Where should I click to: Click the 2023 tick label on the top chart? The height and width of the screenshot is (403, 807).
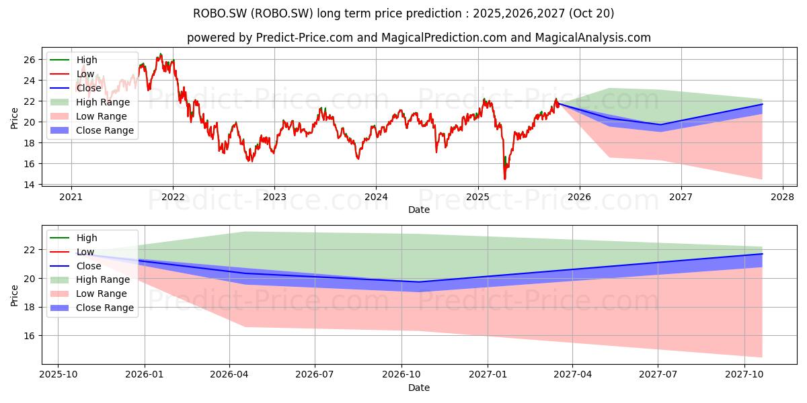(274, 197)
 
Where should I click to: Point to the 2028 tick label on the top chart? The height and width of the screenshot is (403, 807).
(783, 197)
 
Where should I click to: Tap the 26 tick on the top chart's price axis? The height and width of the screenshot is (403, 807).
(30, 60)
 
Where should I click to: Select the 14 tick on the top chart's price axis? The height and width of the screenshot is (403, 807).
(30, 185)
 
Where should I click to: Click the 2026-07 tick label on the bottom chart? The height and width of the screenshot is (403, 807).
(315, 374)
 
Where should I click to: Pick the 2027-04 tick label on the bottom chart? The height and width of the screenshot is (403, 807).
(572, 374)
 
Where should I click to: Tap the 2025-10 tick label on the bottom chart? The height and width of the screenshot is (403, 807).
(59, 374)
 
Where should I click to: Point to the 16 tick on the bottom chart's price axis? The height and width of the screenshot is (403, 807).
(30, 336)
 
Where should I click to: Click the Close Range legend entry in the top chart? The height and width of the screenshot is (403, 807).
(92, 130)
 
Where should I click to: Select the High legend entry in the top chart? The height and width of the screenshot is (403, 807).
(73, 60)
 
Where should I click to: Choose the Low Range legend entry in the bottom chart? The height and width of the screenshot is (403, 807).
(89, 294)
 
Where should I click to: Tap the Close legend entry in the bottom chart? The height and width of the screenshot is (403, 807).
(75, 266)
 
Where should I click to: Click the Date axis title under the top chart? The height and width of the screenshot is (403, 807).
(418, 210)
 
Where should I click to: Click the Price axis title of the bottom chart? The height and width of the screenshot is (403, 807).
(14, 296)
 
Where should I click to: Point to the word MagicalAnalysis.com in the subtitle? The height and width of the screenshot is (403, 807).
(593, 38)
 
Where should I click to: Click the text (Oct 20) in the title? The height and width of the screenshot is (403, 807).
(592, 13)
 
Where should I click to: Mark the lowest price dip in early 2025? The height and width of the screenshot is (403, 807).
(505, 179)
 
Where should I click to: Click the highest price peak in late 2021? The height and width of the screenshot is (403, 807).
(161, 54)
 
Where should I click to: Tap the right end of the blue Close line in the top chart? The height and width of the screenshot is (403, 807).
(763, 104)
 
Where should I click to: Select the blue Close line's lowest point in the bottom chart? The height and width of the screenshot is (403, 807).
(418, 281)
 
